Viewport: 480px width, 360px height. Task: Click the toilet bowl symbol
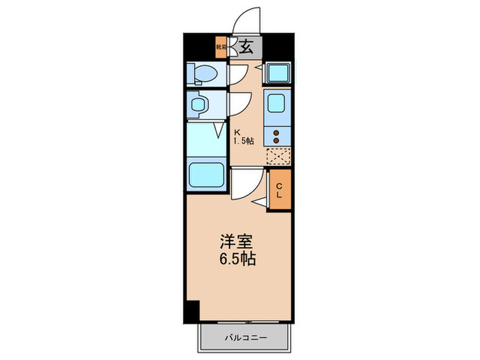(204, 73)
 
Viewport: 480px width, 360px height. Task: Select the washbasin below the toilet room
(200, 105)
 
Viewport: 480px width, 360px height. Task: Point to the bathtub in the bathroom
(207, 175)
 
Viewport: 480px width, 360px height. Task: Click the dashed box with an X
(278, 157)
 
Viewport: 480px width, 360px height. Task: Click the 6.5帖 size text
(239, 261)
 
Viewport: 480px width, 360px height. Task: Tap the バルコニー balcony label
(245, 337)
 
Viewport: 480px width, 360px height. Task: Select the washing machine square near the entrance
(278, 73)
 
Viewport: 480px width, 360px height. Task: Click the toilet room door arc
(238, 74)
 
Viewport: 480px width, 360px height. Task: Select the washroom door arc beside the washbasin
(238, 104)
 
